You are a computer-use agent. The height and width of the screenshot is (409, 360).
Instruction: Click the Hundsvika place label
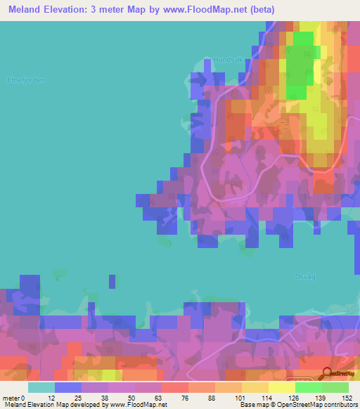tap(227, 60)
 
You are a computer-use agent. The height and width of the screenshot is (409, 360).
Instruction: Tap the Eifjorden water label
tap(26, 80)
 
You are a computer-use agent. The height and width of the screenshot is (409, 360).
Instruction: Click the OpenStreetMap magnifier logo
tap(326, 373)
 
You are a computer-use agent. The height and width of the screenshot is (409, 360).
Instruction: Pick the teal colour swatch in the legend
tap(41, 387)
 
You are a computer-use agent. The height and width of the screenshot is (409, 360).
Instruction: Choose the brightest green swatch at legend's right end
tap(335, 387)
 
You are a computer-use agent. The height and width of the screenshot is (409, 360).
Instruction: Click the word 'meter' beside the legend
tap(11, 397)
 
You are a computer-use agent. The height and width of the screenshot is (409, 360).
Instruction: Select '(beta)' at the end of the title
tap(258, 10)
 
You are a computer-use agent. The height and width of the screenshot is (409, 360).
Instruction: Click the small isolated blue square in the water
tap(112, 281)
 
